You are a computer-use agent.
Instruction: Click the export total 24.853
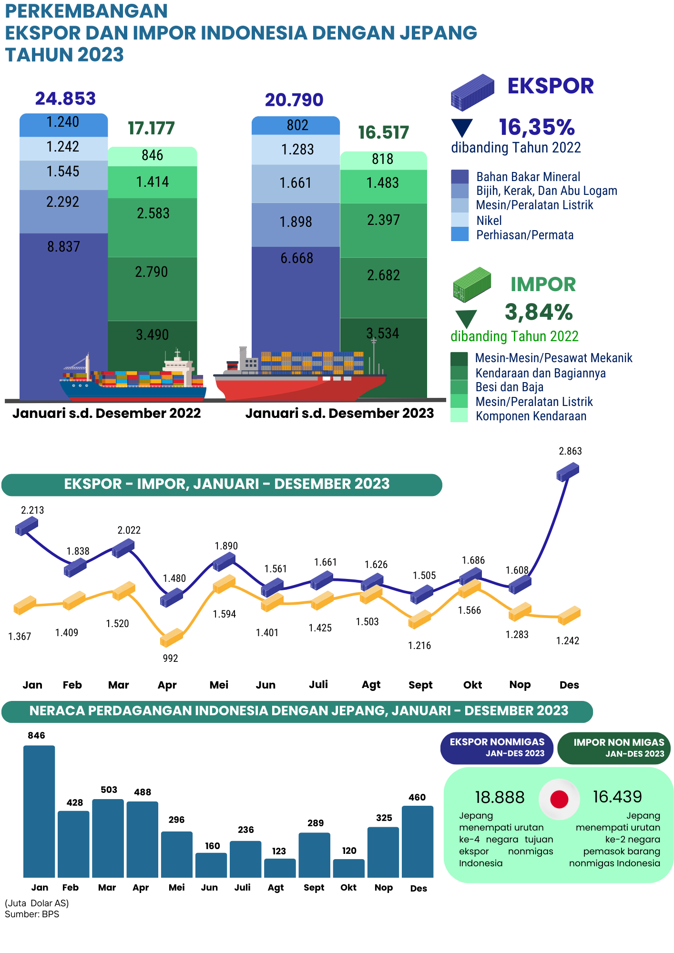point(65,99)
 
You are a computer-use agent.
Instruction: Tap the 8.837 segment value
point(63,246)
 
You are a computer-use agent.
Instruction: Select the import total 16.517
point(383,132)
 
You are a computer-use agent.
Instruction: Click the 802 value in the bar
point(297,125)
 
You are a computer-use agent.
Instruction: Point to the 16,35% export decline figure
point(537,127)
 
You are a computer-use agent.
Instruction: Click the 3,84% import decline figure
point(539,313)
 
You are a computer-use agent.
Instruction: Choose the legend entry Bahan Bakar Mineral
point(528,177)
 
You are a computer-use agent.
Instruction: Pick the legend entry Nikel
point(489,220)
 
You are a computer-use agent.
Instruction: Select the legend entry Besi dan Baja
point(509,387)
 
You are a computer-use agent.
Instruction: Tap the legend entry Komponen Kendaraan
point(531,416)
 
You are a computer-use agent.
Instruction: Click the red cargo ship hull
point(296,388)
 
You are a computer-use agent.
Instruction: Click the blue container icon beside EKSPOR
point(472,92)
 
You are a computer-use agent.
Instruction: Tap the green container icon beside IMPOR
point(471,284)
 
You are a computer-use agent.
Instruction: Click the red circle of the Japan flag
point(559,799)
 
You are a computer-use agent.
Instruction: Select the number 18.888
point(500,797)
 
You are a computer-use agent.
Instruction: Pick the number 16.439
point(617,797)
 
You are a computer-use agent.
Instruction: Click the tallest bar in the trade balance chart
point(39,811)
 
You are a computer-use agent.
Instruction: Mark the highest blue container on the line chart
point(568,471)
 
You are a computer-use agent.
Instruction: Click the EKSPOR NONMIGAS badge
point(497,748)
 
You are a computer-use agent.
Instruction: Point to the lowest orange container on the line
point(172,637)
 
